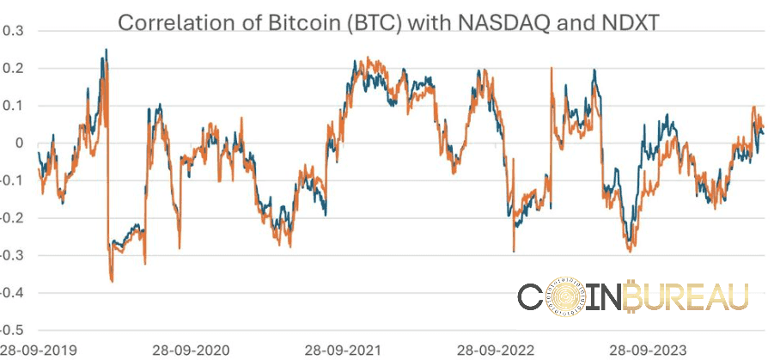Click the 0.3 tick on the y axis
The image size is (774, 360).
(14, 31)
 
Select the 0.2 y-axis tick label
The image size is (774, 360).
(14, 68)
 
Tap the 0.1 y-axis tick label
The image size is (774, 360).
(14, 106)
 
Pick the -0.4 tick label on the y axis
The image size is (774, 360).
(12, 293)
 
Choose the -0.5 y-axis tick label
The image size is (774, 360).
(12, 330)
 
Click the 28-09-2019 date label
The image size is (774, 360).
(39, 351)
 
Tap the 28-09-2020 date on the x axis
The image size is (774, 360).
(191, 351)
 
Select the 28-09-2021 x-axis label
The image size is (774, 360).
(344, 351)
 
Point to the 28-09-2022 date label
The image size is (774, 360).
(496, 351)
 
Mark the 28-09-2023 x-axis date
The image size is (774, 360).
(648, 351)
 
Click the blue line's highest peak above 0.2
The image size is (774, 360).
(106, 50)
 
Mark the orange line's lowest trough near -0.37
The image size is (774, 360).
(112, 280)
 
